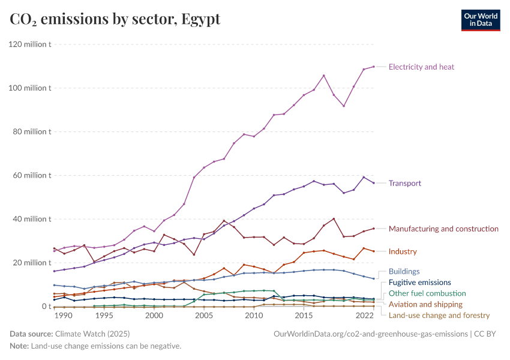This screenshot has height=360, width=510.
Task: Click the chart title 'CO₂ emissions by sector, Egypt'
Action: (115, 19)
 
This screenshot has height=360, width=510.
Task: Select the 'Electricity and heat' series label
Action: (421, 67)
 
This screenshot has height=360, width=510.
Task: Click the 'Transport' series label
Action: (404, 183)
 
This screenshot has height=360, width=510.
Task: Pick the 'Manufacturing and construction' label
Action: (443, 229)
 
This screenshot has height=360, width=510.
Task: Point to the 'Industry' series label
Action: (403, 251)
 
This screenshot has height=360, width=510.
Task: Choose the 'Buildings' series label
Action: (404, 271)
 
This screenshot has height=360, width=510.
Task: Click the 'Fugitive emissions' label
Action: (419, 282)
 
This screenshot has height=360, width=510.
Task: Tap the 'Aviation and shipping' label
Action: (425, 304)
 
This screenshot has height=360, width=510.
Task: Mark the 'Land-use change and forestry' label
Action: (439, 315)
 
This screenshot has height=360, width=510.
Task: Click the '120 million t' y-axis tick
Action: (29, 44)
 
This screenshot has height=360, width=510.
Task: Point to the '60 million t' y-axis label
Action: (31, 175)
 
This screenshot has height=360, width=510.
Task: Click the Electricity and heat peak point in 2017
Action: (324, 76)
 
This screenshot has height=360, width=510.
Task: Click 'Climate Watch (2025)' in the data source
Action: (92, 334)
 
